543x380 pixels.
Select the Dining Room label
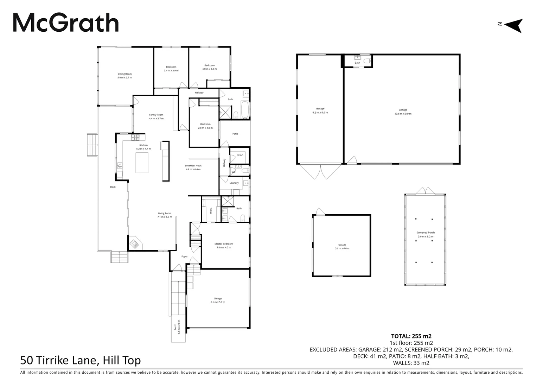coord(124,74)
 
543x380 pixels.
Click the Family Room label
coord(156,115)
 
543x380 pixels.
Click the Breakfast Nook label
coord(193,165)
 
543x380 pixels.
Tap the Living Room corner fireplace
coord(135,243)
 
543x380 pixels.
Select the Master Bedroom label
coord(224,243)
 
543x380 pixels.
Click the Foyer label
coord(184,256)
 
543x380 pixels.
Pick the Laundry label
coord(234,183)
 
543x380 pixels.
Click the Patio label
coord(235,134)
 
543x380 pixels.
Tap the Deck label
coord(113,187)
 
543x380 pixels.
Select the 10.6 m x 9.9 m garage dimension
coord(403,114)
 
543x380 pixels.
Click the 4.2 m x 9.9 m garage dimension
coord(320,113)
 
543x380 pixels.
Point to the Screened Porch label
coord(426,232)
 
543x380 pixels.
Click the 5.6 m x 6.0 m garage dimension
coord(342,248)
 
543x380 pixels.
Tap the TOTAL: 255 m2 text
coord(411,336)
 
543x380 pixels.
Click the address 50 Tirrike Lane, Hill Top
coord(81,360)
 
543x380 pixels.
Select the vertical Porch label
coord(175,327)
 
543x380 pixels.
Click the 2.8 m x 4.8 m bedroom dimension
coord(205,128)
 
